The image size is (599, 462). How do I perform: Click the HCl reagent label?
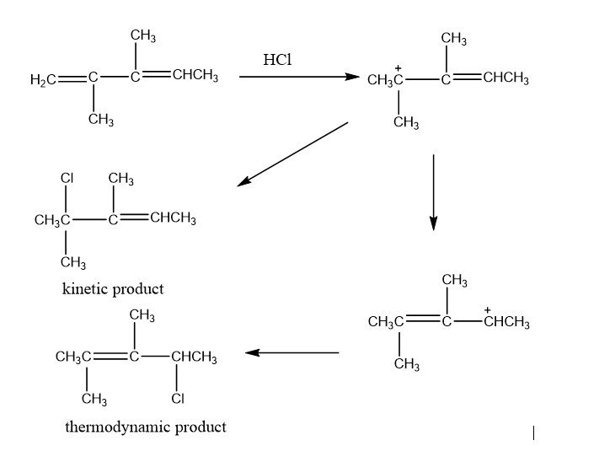coord(277,60)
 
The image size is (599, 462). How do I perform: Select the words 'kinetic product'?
coord(113,289)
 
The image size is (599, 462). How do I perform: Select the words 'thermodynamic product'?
coord(146,427)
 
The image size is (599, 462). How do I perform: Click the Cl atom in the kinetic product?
coord(67,179)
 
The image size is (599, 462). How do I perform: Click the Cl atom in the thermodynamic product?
coord(179,398)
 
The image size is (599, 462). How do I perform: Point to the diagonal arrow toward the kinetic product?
coord(292,153)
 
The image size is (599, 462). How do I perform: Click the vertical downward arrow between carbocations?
coord(433,191)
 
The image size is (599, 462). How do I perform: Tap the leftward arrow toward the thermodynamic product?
coord(292,353)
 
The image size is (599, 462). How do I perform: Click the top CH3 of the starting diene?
coord(142,35)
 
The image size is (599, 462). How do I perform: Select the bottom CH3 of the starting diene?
coord(102,121)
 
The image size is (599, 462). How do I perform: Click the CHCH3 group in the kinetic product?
coord(173,221)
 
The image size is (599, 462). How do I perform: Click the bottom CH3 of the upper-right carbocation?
coord(408,124)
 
